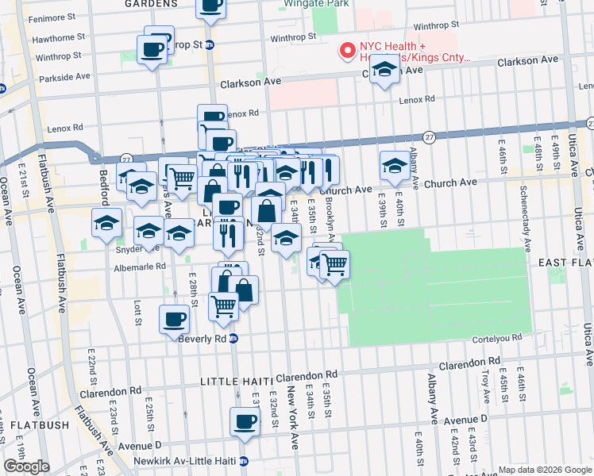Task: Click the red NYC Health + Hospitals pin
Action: pyautogui.click(x=347, y=51)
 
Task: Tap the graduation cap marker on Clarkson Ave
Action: pyautogui.click(x=384, y=71)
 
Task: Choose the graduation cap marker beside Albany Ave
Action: pyautogui.click(x=395, y=165)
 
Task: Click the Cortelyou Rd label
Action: pyautogui.click(x=499, y=337)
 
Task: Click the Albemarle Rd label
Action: pyautogui.click(x=140, y=267)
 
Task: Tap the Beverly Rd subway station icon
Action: pyautogui.click(x=233, y=338)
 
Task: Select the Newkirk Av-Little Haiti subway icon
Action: pyautogui.click(x=244, y=461)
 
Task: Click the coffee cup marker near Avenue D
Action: pyautogui.click(x=245, y=421)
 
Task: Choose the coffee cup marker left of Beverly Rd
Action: pyautogui.click(x=175, y=320)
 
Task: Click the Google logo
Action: pyautogui.click(x=26, y=466)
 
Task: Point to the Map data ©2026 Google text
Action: pyautogui.click(x=545, y=470)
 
